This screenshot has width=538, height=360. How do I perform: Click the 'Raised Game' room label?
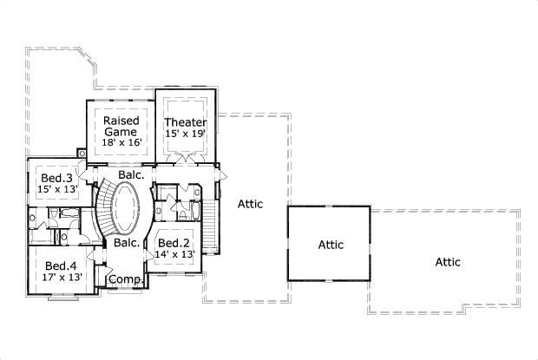point(121,126)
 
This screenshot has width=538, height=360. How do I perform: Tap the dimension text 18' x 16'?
point(121,142)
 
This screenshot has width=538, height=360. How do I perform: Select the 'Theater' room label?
point(186,122)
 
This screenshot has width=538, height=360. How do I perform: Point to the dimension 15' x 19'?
point(186,134)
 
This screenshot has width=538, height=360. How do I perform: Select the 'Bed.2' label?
point(174,243)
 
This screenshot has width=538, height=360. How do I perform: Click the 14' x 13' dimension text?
point(174,254)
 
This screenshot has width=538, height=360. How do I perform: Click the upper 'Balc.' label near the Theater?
point(131,174)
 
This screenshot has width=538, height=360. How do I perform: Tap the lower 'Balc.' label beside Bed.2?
point(127,243)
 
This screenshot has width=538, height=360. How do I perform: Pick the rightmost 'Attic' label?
point(448,262)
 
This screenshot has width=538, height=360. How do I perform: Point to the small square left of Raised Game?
point(82,154)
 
